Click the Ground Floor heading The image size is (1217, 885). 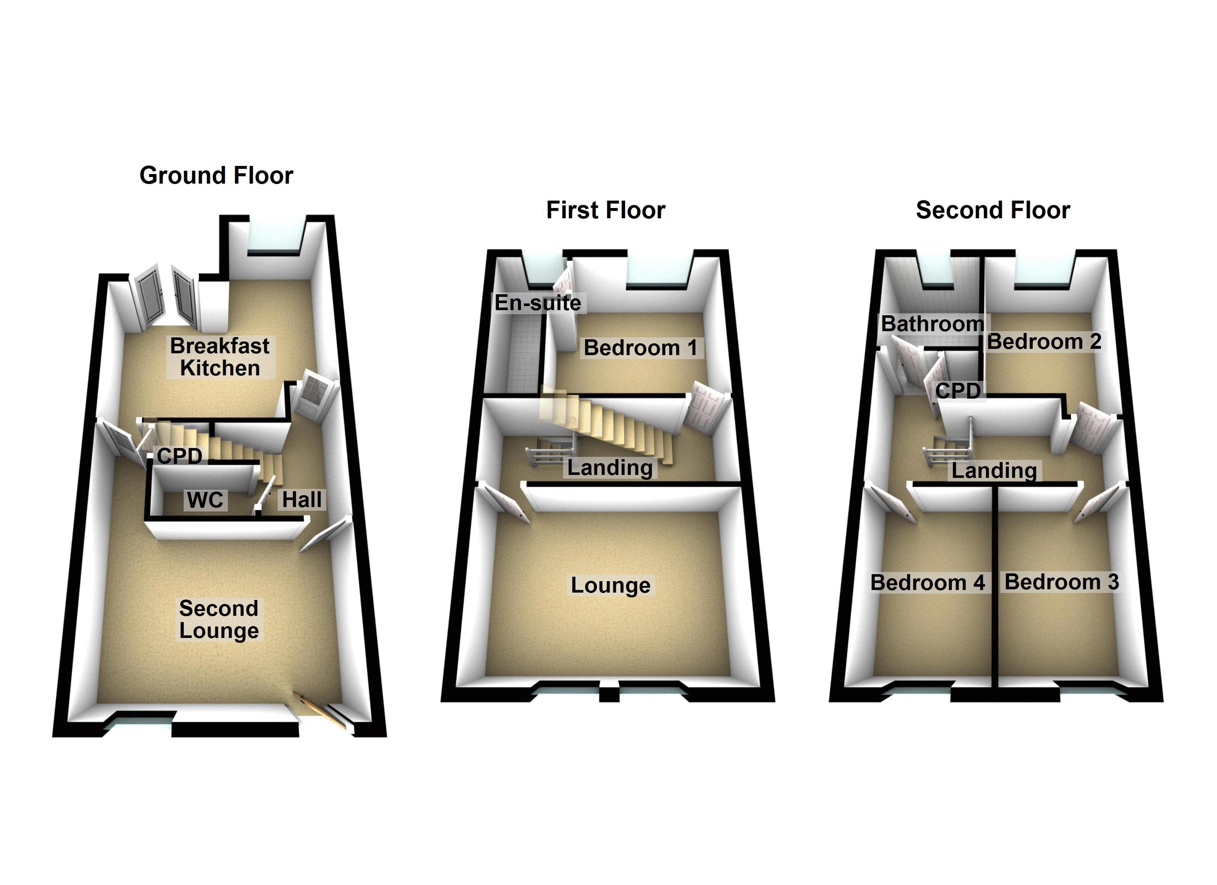click(x=216, y=176)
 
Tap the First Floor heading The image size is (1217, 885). click(x=606, y=210)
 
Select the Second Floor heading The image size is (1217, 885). click(x=993, y=210)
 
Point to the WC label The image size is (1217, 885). click(x=205, y=500)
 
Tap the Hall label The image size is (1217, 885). click(x=302, y=500)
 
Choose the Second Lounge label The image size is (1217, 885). click(x=219, y=619)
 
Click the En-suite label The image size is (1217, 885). click(x=538, y=303)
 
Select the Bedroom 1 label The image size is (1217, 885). click(x=640, y=348)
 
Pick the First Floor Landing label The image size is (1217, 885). click(x=610, y=468)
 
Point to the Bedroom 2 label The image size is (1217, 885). click(x=1044, y=341)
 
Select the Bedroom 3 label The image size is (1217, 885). click(x=1061, y=582)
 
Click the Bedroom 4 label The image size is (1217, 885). click(x=928, y=582)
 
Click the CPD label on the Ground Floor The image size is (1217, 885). click(x=180, y=456)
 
